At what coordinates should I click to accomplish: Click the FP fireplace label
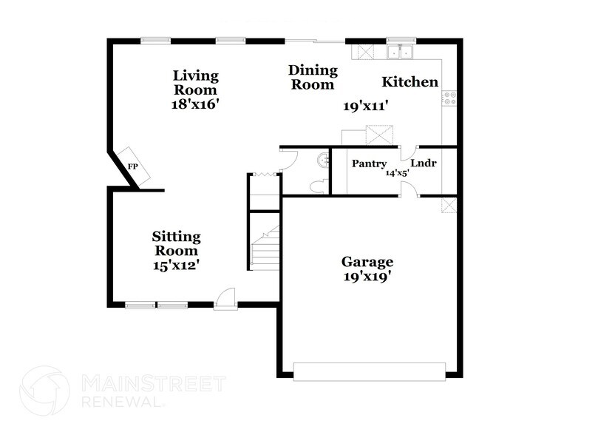click(x=133, y=166)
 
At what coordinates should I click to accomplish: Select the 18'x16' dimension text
click(x=196, y=104)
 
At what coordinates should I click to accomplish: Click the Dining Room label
click(x=313, y=77)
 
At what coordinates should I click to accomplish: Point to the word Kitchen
click(x=410, y=82)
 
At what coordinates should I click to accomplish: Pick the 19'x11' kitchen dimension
click(x=366, y=107)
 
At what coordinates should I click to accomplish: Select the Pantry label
click(x=369, y=163)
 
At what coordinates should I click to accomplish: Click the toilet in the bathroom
click(x=318, y=186)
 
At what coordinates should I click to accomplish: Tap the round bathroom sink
click(x=322, y=159)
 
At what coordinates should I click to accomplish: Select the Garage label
click(x=367, y=262)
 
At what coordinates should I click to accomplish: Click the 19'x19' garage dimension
click(x=367, y=277)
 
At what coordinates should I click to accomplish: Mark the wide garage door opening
click(x=370, y=370)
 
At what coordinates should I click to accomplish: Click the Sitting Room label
click(x=176, y=243)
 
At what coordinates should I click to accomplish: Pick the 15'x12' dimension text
click(x=176, y=264)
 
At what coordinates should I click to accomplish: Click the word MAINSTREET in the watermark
click(x=151, y=383)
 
